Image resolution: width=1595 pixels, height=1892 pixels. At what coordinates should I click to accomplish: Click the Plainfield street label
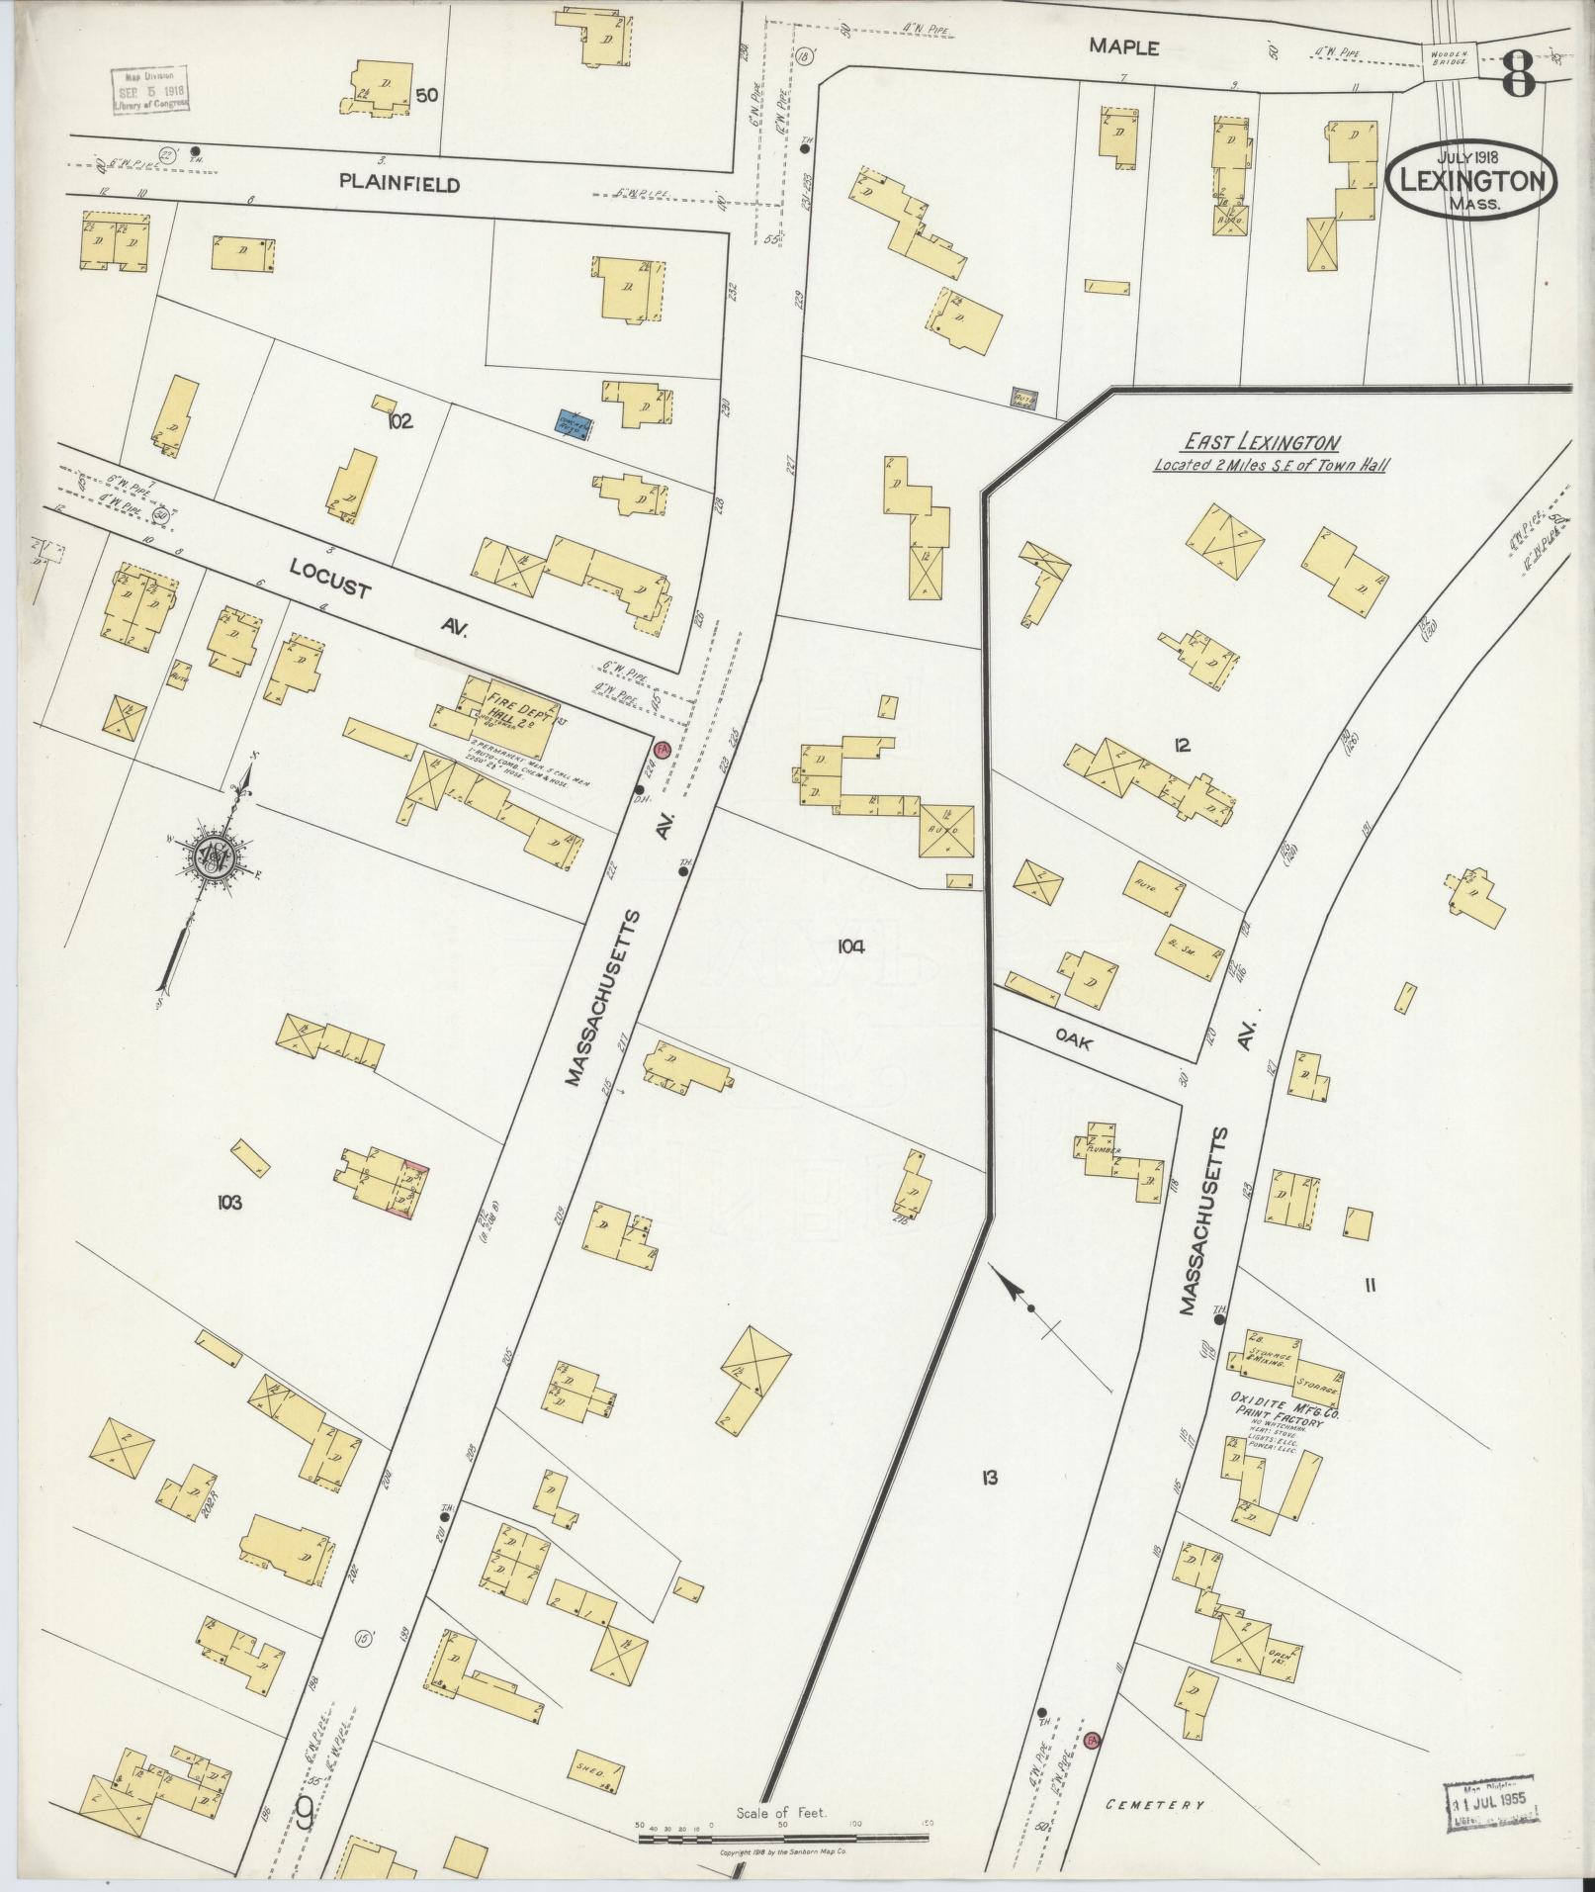pyautogui.click(x=399, y=183)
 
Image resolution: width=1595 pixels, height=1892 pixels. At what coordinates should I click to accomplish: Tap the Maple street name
pyautogui.click(x=1123, y=46)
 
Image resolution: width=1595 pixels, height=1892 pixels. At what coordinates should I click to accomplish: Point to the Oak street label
pyautogui.click(x=1073, y=1039)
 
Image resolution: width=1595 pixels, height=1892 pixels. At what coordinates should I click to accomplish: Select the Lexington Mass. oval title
pyautogui.click(x=1471, y=181)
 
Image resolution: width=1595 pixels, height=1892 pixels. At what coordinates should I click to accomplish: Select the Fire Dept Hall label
pyautogui.click(x=514, y=710)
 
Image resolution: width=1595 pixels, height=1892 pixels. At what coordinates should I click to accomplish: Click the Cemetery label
pyautogui.click(x=1155, y=1804)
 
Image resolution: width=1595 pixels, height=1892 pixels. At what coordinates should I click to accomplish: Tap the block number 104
pyautogui.click(x=851, y=946)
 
